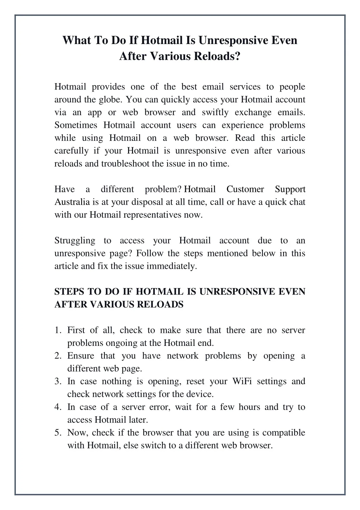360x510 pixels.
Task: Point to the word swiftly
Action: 215,112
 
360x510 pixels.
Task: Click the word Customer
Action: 245,189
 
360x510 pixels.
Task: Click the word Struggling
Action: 75,241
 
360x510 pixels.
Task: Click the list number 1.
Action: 57,330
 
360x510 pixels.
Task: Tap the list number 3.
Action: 57,381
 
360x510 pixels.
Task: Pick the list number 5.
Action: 57,433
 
